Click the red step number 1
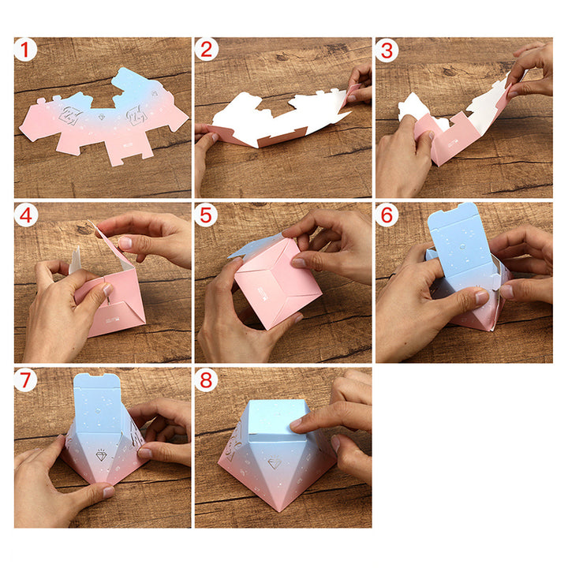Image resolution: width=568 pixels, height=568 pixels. click(25, 50)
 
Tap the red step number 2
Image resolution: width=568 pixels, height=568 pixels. click(206, 50)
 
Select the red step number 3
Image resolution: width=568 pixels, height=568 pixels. click(387, 50)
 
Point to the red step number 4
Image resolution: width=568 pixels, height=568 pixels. click(26, 216)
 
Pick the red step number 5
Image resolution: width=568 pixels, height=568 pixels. click(206, 215)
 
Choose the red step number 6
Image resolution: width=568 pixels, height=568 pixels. click(387, 215)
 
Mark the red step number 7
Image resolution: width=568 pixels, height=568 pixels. click(25, 380)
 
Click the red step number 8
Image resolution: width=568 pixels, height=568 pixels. click(206, 380)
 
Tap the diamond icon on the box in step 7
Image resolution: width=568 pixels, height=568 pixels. click(102, 455)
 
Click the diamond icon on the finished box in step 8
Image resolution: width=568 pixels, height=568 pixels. click(275, 463)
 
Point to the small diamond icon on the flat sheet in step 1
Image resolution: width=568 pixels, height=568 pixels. click(102, 117)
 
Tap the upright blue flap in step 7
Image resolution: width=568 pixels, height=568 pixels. click(97, 404)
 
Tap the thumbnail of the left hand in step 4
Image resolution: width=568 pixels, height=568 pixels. click(107, 289)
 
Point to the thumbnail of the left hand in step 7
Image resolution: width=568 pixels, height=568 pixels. click(109, 491)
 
